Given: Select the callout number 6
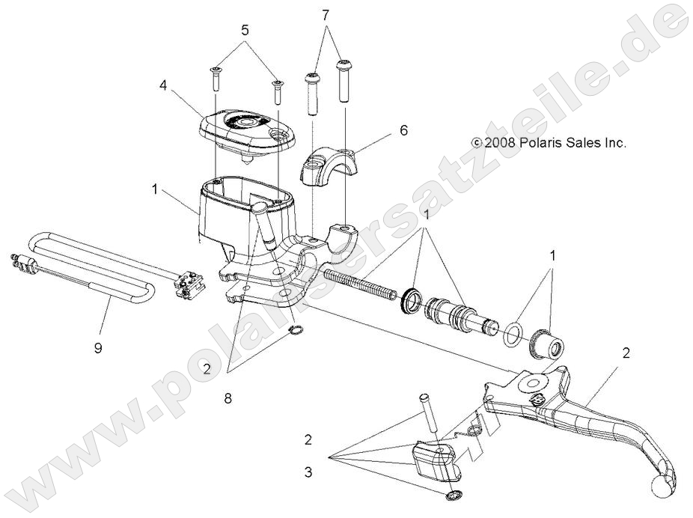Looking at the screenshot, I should [403, 129].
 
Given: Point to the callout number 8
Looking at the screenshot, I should [228, 398].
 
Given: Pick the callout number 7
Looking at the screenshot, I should [325, 16].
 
